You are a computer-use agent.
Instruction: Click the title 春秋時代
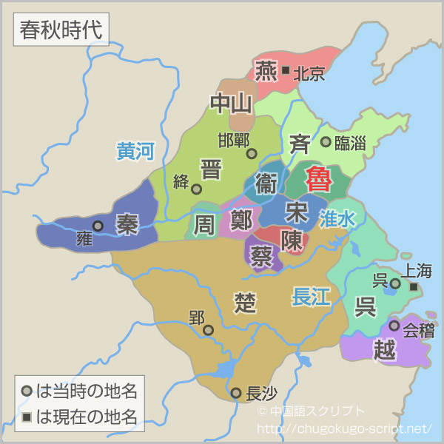tap(61, 31)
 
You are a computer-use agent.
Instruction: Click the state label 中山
tap(232, 104)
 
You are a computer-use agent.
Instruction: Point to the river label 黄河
tap(135, 151)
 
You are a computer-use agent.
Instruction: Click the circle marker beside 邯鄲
tap(252, 154)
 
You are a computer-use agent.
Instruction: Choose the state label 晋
tap(211, 169)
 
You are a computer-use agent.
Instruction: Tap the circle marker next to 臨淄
tap(326, 141)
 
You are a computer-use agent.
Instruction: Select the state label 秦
tap(127, 224)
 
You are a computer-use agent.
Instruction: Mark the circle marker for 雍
tap(98, 226)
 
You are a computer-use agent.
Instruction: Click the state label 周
tap(204, 224)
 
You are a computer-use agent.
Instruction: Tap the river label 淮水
tap(338, 218)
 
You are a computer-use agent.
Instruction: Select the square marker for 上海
tap(414, 287)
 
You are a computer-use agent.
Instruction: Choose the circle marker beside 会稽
tap(394, 326)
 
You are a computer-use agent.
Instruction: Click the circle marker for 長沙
tap(236, 393)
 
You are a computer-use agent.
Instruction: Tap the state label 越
tap(385, 349)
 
